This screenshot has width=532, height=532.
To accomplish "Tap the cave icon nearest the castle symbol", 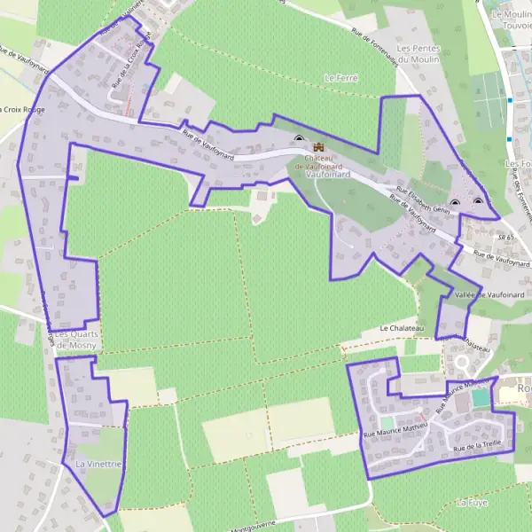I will (x=299, y=138).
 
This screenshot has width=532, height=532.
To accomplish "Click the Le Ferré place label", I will (x=340, y=78).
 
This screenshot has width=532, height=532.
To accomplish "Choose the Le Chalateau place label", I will (x=403, y=328).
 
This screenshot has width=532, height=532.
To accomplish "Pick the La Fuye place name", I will (x=472, y=502).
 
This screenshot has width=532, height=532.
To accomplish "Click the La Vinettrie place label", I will (x=98, y=464).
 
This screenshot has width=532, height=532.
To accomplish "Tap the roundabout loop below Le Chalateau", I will (x=464, y=364).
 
